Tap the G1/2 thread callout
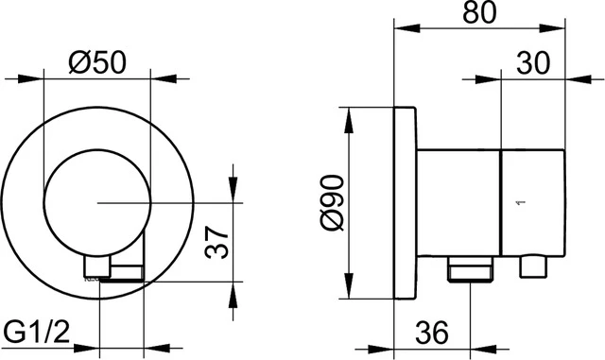pos(39,331)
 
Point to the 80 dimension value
pos(476,17)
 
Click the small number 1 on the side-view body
pos(517,202)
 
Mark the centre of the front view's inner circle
pos(96,203)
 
